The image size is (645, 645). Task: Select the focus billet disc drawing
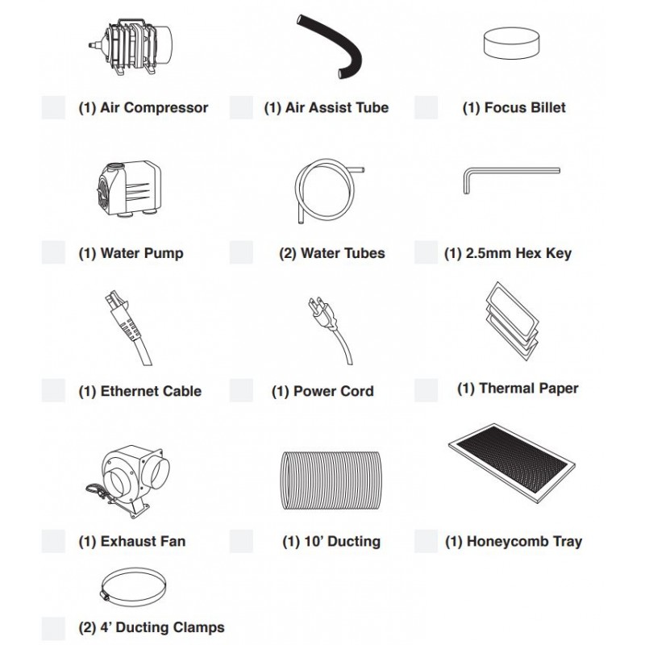tap(511, 43)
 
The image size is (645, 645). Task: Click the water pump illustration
tap(129, 189)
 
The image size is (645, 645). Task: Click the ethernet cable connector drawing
tap(127, 328)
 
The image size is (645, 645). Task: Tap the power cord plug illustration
tap(331, 331)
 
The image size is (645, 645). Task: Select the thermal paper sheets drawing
tap(511, 321)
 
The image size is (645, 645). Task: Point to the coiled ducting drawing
tap(331, 480)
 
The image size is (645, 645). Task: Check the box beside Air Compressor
tap(53, 108)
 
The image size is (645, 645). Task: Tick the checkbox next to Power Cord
tap(241, 390)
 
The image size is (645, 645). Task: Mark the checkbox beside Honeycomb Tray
tap(427, 541)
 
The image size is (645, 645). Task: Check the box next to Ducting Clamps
tap(53, 629)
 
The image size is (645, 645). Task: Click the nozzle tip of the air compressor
tap(89, 44)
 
